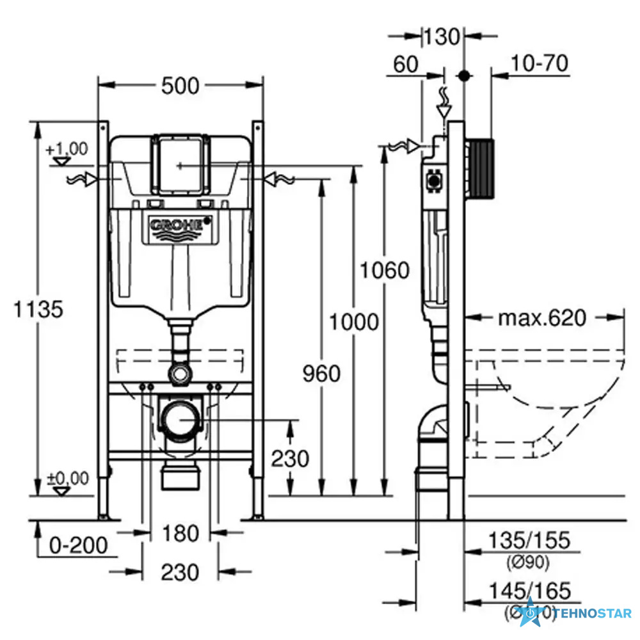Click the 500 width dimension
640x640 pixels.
180,84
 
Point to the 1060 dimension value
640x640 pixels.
383,271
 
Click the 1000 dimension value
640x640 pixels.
354,321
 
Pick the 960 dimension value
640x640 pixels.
321,372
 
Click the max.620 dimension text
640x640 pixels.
542,318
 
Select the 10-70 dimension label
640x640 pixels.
540,63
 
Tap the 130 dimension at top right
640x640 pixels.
442,36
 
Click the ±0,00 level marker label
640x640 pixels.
66,479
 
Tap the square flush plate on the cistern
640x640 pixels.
180,164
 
